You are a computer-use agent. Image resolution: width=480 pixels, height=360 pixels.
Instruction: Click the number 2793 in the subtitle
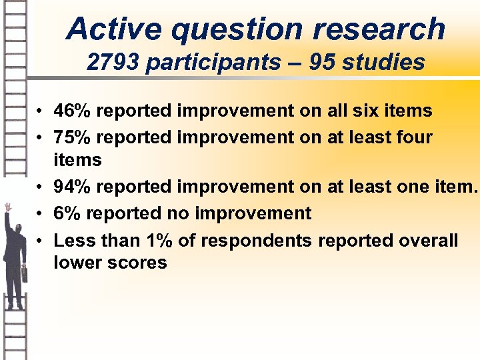click(114, 62)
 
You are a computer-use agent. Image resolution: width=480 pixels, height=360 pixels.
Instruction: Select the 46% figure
click(74, 111)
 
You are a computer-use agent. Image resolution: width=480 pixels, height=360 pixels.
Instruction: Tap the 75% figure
click(74, 138)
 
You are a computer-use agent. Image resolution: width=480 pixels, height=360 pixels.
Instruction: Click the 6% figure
click(68, 213)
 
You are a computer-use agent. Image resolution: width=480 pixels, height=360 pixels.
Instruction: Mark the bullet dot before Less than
click(41, 241)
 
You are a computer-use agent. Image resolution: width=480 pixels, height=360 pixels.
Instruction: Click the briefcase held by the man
click(25, 272)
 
